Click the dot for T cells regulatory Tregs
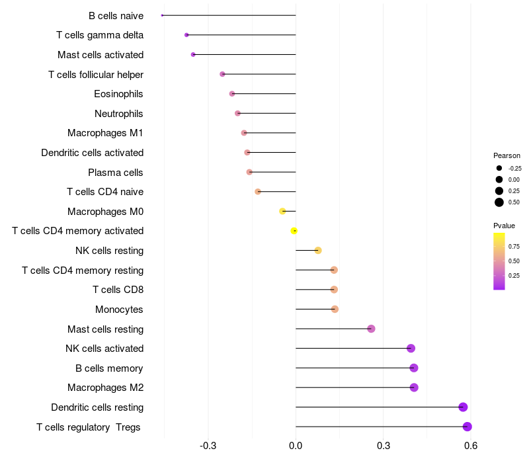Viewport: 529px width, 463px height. point(467,427)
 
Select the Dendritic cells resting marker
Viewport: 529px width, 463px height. point(463,407)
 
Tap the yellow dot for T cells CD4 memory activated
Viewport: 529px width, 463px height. point(294,231)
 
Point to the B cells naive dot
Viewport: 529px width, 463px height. point(162,15)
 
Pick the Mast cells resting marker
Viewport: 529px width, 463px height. point(371,329)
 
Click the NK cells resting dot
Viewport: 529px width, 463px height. point(318,250)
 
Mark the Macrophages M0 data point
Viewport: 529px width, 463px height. point(282,211)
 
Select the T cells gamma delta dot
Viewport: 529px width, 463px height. point(186,34)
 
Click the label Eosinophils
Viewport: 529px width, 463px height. point(118,94)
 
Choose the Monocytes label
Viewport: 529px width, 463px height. point(119,310)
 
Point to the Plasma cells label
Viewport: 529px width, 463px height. point(115,173)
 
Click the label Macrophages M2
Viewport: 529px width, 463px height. point(105,388)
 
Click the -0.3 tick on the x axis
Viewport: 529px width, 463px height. point(208,446)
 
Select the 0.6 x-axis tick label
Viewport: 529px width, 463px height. point(470,446)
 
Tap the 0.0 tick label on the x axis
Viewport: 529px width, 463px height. point(296,446)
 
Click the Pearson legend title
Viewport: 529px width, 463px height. point(507,155)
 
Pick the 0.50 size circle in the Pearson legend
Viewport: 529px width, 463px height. point(499,202)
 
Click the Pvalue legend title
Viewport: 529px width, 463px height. point(505,226)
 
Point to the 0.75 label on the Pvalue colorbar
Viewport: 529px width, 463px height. point(514,246)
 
